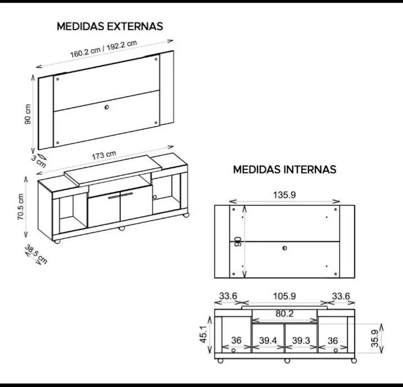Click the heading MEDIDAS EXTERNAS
point(110,26)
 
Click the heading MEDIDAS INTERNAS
point(284,170)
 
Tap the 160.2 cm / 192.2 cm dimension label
point(103,49)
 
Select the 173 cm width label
point(104,155)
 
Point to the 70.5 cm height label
point(21,207)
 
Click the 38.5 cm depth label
point(36,254)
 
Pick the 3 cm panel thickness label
point(39,161)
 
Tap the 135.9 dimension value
point(284,195)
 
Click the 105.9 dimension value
point(284,296)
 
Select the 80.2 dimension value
point(284,313)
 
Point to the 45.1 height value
point(203,334)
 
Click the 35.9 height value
point(375,339)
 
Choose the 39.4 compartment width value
point(268,340)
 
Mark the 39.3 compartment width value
point(301,340)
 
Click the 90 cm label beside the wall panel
point(28,114)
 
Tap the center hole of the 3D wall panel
point(107,107)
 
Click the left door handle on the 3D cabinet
point(114,197)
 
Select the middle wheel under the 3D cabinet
point(121,228)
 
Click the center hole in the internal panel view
point(284,248)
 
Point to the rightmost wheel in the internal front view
point(354,361)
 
